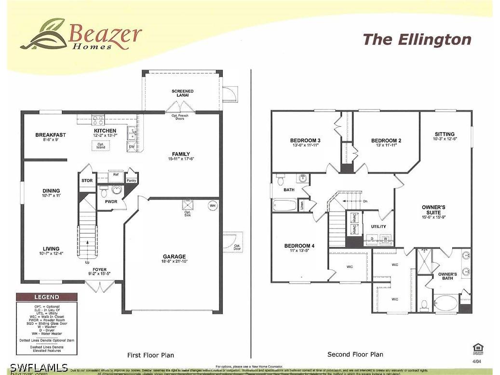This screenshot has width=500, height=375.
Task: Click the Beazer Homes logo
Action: click(x=81, y=35)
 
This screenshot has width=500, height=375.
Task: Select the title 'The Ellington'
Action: click(x=417, y=40)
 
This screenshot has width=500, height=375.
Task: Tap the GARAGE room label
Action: click(x=174, y=257)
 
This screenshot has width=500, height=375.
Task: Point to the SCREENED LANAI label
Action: click(x=183, y=93)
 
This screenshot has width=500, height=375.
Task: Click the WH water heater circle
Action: click(x=213, y=206)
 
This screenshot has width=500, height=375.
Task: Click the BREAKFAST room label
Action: click(x=51, y=135)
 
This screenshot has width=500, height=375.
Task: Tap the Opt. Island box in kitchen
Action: click(x=101, y=146)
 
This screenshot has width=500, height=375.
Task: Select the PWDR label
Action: click(x=111, y=201)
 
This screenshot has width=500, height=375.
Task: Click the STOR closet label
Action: click(x=87, y=181)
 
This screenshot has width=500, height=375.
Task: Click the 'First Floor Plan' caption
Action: click(x=150, y=355)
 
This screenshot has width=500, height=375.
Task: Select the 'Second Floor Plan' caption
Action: click(x=355, y=354)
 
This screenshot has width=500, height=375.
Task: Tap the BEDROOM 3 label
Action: click(x=306, y=140)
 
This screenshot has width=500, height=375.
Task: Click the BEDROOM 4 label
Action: click(x=299, y=246)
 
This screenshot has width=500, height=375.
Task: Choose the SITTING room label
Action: click(x=445, y=134)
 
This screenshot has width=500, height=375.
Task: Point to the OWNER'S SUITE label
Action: click(x=433, y=210)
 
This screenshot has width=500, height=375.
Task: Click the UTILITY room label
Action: click(x=378, y=227)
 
